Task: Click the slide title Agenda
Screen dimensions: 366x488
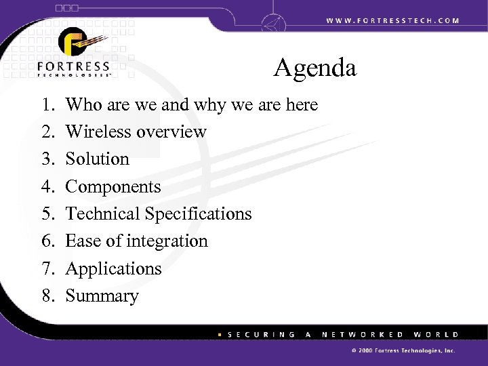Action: coord(315,69)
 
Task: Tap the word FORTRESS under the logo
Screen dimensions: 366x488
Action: coord(74,66)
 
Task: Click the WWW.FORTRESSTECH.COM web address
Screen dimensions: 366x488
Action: coord(391,20)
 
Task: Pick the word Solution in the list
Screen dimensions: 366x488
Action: coord(97,159)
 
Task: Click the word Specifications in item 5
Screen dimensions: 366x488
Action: coord(197,214)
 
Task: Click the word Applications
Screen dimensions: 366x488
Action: coord(113,269)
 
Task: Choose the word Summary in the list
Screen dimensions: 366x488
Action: coord(102,297)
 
